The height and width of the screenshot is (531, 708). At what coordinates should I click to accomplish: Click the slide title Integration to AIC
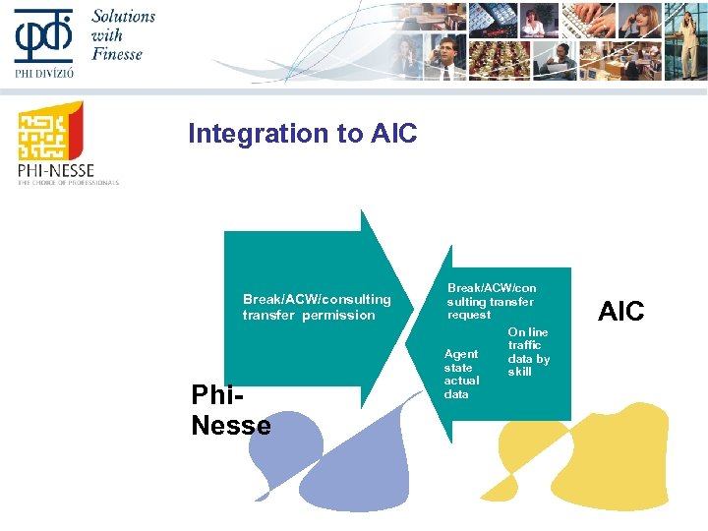pyautogui.click(x=302, y=134)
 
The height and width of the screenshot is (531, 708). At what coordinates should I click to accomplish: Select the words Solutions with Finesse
pyautogui.click(x=123, y=34)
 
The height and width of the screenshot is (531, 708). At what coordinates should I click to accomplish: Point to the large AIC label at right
pyautogui.click(x=621, y=312)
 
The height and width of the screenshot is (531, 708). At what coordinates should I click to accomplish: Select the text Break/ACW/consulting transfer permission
pyautogui.click(x=316, y=307)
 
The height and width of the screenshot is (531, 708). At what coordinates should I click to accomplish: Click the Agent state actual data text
pyautogui.click(x=461, y=374)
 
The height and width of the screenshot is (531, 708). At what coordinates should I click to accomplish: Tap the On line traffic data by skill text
pyautogui.click(x=528, y=352)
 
